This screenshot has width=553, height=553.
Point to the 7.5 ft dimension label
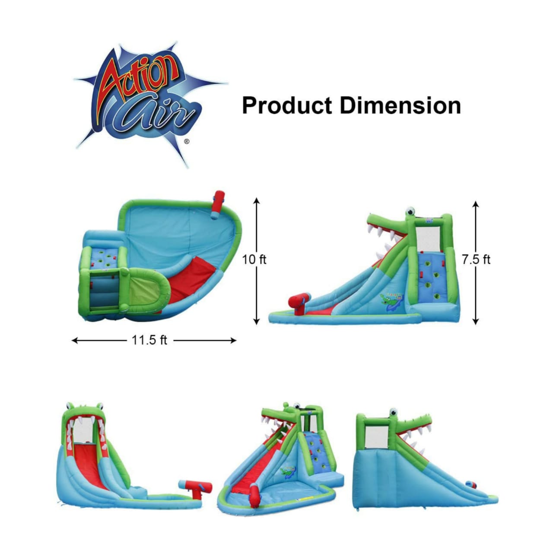(476, 260)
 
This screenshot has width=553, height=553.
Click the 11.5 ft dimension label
(149, 340)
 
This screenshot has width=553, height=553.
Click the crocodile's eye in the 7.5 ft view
(410, 212)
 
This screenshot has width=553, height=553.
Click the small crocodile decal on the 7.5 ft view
(392, 301)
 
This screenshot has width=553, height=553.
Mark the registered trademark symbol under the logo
(186, 141)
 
